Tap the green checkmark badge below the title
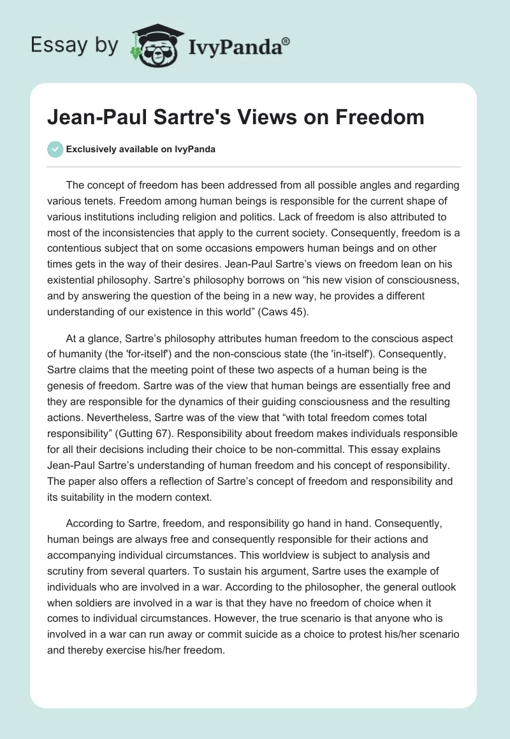[x=55, y=149]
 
